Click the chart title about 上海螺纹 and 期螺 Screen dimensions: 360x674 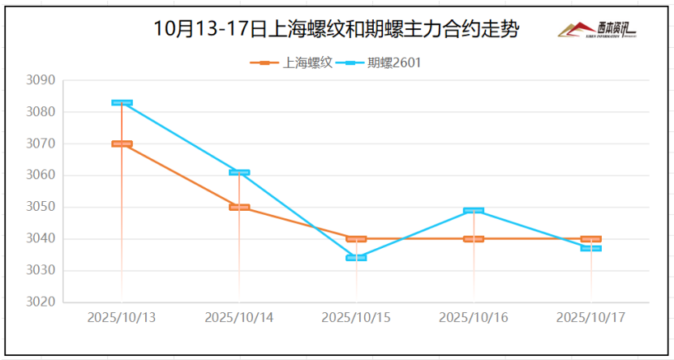click(x=336, y=29)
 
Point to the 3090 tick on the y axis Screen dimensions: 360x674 click(x=41, y=81)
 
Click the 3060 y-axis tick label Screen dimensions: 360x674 click(x=41, y=176)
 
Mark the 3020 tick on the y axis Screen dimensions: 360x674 click(x=41, y=302)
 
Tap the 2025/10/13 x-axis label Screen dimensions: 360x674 click(x=122, y=317)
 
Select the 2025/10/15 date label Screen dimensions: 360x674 click(x=356, y=317)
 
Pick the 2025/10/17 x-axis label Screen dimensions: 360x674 click(x=590, y=317)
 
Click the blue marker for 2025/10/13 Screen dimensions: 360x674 click(x=122, y=103)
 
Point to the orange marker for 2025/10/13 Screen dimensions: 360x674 click(x=122, y=144)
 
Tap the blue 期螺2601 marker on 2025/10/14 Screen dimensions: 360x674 click(x=239, y=172)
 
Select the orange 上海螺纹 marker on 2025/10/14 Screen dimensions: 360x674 click(x=239, y=207)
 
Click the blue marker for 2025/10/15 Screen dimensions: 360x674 click(x=356, y=258)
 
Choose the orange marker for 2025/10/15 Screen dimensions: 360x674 click(x=356, y=239)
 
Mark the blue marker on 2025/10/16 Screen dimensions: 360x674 click(x=474, y=211)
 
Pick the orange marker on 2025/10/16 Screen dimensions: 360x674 click(x=474, y=239)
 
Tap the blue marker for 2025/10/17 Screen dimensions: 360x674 click(x=590, y=248)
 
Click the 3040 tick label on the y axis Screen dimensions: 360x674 click(x=41, y=239)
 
